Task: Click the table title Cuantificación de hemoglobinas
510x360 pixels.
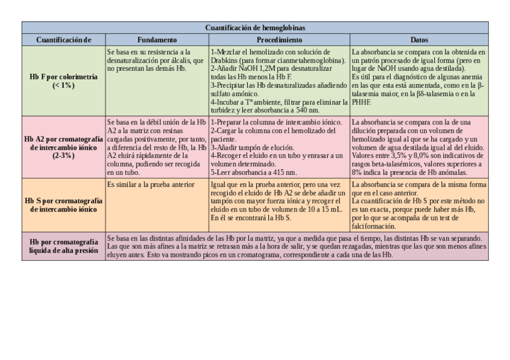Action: (x=255, y=28)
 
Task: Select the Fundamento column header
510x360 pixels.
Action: (x=157, y=40)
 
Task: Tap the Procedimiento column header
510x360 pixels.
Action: (x=280, y=40)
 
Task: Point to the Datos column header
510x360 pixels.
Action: (x=419, y=40)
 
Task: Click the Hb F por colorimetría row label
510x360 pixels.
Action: (x=63, y=81)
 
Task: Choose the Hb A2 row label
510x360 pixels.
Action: (x=63, y=147)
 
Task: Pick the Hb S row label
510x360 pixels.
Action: (x=63, y=205)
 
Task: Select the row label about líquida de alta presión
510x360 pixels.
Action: (x=63, y=246)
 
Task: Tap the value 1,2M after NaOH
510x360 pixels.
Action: (x=266, y=69)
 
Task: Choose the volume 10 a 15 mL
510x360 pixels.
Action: (x=324, y=209)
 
